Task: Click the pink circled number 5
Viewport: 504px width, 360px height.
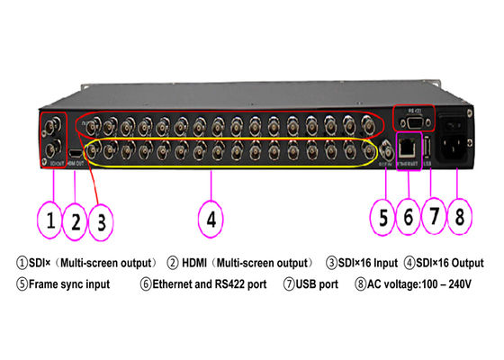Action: pyautogui.click(x=384, y=217)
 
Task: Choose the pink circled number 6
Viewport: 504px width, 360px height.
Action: pyautogui.click(x=409, y=217)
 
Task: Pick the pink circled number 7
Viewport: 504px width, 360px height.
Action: pyautogui.click(x=433, y=217)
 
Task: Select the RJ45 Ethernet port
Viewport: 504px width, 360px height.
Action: pyautogui.click(x=409, y=145)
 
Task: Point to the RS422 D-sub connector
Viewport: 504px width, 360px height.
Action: pyautogui.click(x=415, y=119)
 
